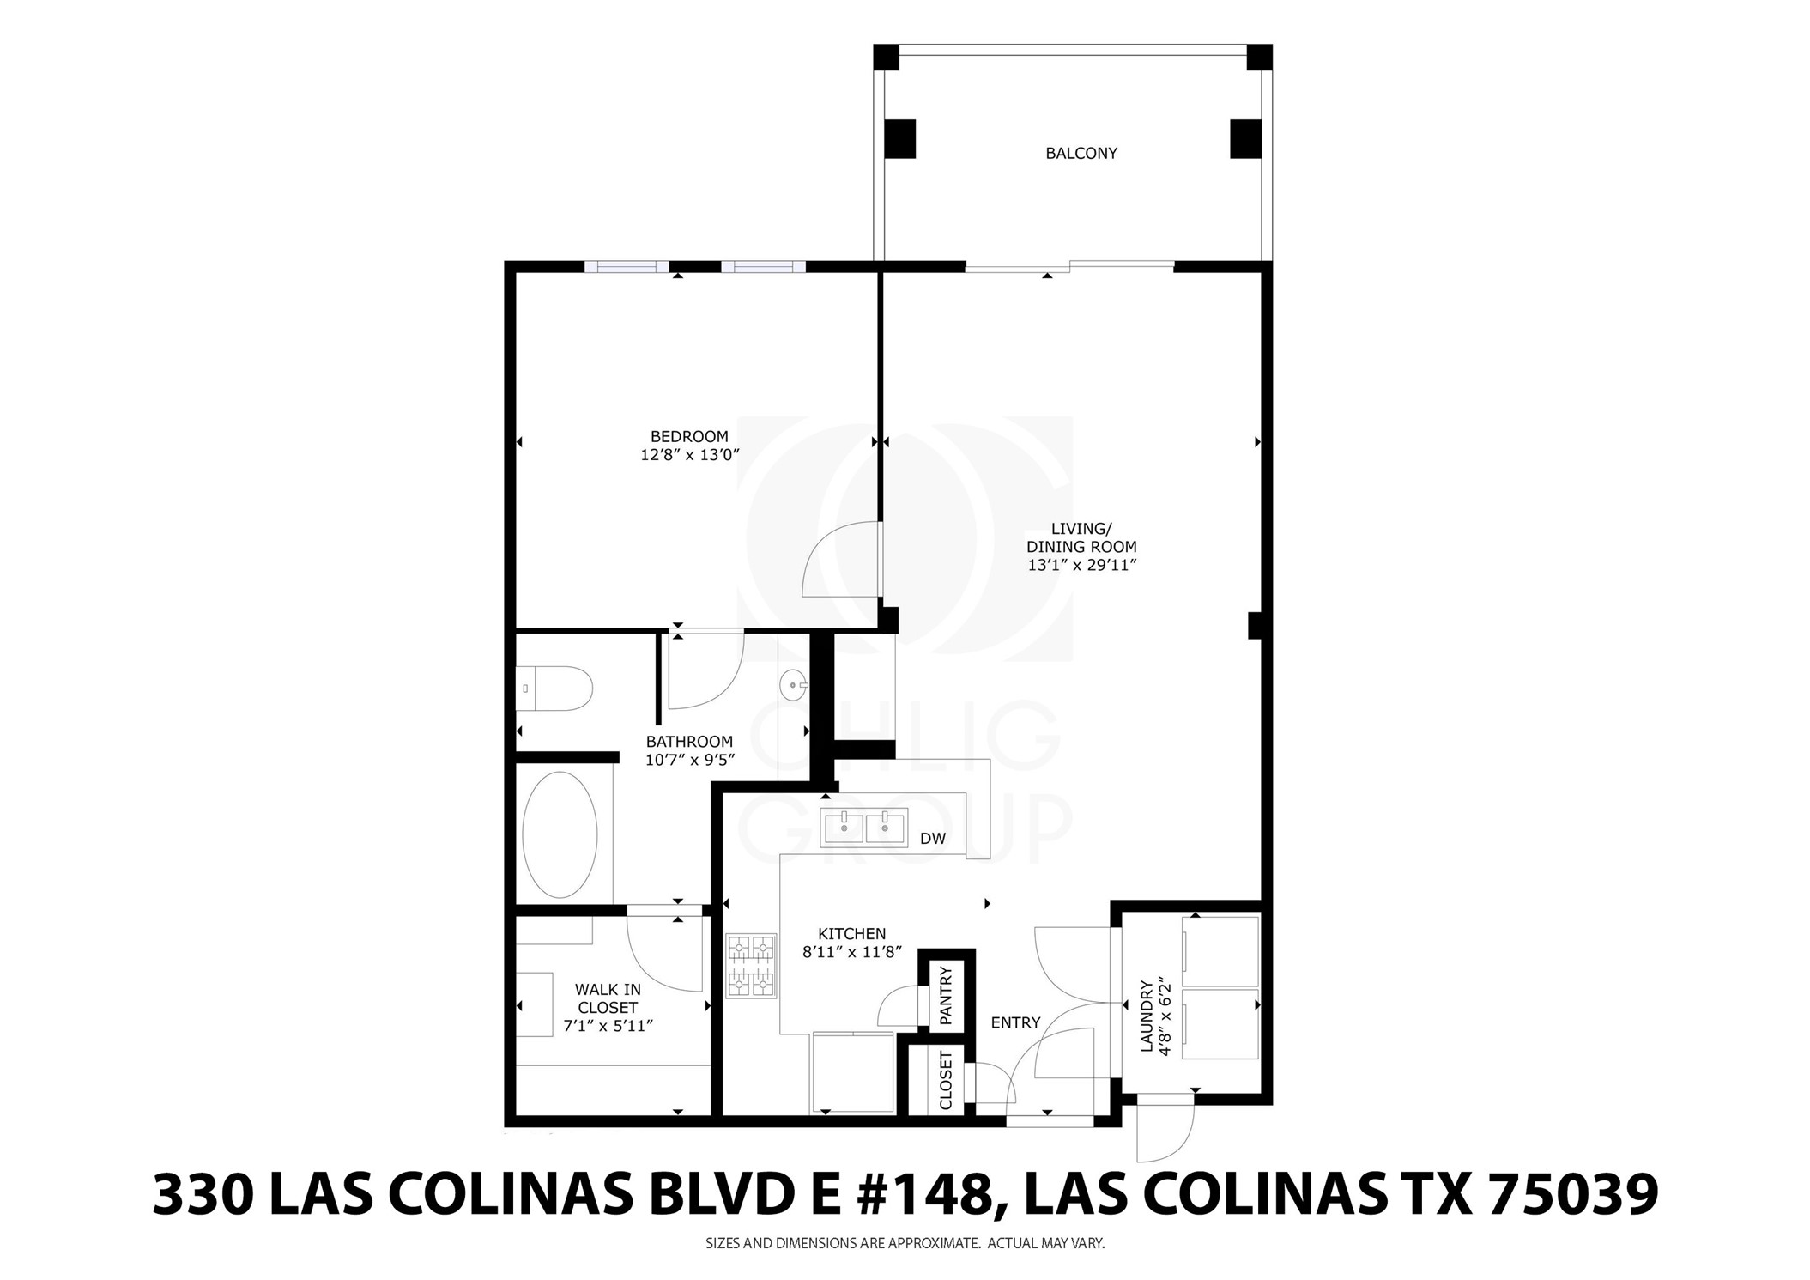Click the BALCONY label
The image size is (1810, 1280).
(x=1081, y=154)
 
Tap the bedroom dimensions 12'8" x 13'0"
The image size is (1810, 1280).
(x=689, y=455)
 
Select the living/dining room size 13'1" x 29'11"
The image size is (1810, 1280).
(x=1081, y=565)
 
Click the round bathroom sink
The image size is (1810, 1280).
(x=793, y=685)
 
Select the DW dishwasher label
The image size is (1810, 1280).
(x=932, y=839)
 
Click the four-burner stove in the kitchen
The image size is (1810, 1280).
(x=751, y=966)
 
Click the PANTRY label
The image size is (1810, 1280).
(x=947, y=996)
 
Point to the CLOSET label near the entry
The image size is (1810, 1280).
(x=946, y=1080)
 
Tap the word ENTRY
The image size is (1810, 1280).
(x=1015, y=1022)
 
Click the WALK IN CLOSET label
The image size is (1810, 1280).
(x=608, y=998)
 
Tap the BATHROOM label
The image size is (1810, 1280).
(x=689, y=742)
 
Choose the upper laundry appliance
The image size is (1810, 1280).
(x=1220, y=951)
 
